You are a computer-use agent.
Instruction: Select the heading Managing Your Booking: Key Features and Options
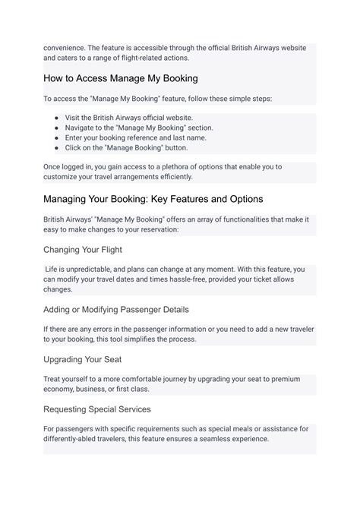153,199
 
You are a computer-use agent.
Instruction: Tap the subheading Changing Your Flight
83,249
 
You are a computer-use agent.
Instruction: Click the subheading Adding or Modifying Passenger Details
116,309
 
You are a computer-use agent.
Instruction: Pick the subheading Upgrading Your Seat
83,359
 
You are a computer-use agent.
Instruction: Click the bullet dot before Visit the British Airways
57,118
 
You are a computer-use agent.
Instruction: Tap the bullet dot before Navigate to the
57,128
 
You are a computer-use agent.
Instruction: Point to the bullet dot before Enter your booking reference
57,138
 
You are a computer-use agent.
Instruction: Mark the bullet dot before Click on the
57,148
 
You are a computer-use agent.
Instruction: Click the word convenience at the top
68,47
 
